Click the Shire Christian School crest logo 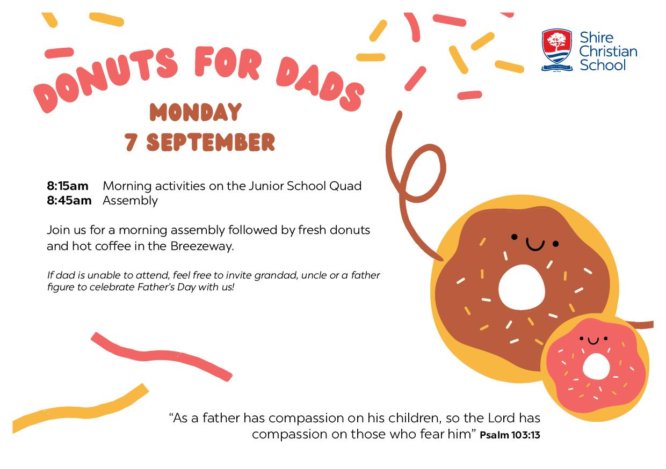pos(557,50)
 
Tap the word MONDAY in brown pos(196,112)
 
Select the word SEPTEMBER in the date pos(211,142)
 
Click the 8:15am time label pos(68,186)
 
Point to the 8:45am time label pos(69,201)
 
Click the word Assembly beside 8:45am pos(130,201)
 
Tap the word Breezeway pos(202,246)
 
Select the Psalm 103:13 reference pos(510,435)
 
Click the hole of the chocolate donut pos(522,288)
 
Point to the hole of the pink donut pos(596,366)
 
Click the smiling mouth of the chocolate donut pos(535,245)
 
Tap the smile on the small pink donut pos(593,341)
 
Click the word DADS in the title pos(320,84)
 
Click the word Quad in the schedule pos(345,186)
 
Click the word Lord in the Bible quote pos(501,418)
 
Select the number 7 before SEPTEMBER pos(131,142)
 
